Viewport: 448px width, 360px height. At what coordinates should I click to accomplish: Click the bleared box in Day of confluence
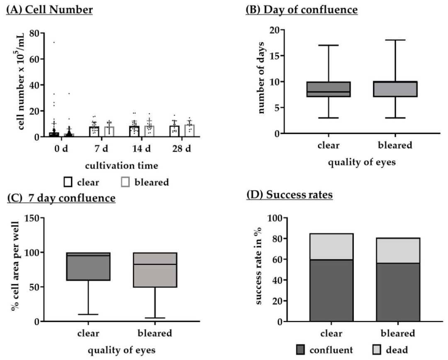[x=395, y=89]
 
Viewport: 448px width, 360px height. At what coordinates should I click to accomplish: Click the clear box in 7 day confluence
[x=88, y=266]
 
